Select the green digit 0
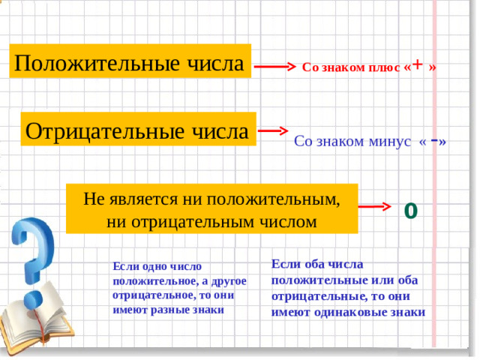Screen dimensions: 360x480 [x=410, y=209]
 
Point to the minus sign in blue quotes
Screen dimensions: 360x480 [x=436, y=139]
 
